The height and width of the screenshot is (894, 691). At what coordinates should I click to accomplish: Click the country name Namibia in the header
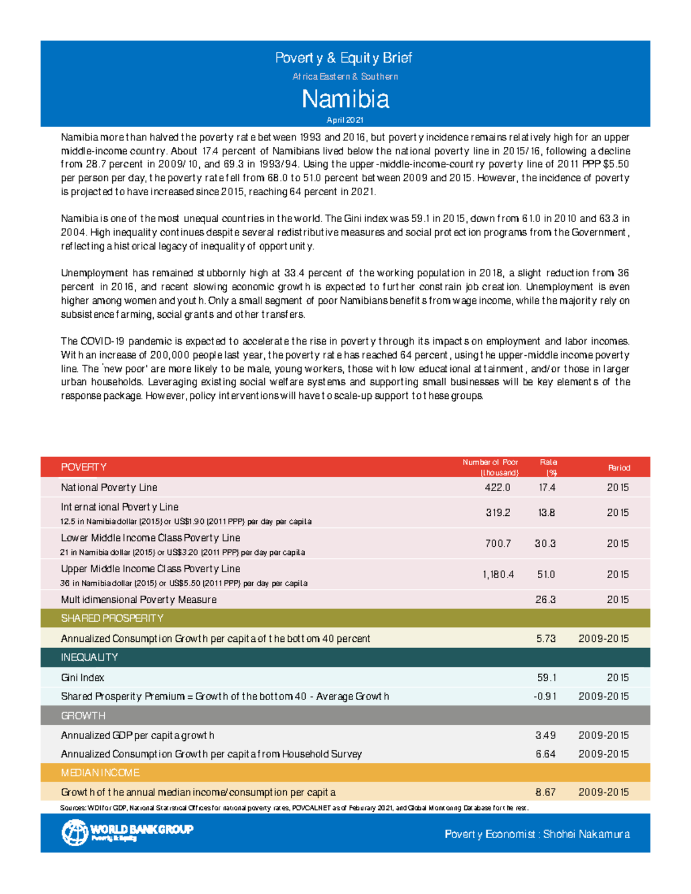pyautogui.click(x=345, y=99)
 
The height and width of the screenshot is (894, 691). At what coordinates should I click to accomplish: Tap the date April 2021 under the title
pyautogui.click(x=345, y=120)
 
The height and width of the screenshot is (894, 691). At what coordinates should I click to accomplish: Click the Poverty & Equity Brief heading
pyautogui.click(x=344, y=58)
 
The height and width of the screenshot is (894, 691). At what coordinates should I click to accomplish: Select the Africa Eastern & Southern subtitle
pyautogui.click(x=345, y=77)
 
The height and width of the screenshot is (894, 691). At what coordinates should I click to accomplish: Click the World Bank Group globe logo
pyautogui.click(x=75, y=832)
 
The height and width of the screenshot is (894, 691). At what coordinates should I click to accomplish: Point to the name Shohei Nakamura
pyautogui.click(x=586, y=834)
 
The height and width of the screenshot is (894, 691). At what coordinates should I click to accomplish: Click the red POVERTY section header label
pyautogui.click(x=83, y=467)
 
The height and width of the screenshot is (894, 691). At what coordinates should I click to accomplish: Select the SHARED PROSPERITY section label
pyautogui.click(x=112, y=618)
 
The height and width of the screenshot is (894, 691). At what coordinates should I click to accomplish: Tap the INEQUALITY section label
pyautogui.click(x=89, y=657)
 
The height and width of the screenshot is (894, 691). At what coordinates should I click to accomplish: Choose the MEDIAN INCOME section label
pyautogui.click(x=100, y=773)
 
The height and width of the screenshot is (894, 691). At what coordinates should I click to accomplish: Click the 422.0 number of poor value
pyautogui.click(x=498, y=488)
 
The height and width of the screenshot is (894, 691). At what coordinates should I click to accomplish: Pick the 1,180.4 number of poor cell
pyautogui.click(x=498, y=575)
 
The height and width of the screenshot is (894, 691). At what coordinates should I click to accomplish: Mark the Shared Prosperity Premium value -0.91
pyautogui.click(x=545, y=697)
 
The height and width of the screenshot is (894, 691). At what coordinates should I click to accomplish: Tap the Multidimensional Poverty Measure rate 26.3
pyautogui.click(x=545, y=600)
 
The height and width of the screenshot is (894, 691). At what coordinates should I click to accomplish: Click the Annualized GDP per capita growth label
pyautogui.click(x=138, y=735)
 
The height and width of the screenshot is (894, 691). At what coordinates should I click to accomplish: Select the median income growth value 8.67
pyautogui.click(x=545, y=792)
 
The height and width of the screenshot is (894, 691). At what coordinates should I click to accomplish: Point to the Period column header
pyautogui.click(x=619, y=467)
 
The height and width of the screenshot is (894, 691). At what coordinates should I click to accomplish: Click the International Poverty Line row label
pyautogui.click(x=120, y=507)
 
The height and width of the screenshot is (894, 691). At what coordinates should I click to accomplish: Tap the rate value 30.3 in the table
pyautogui.click(x=545, y=543)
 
